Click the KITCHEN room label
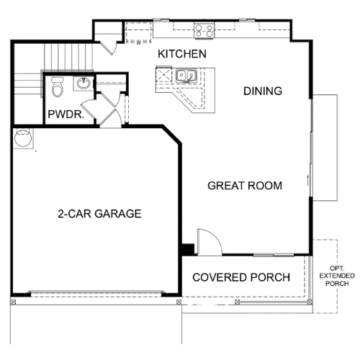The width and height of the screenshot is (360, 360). [182, 54]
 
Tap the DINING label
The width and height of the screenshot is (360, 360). [263, 91]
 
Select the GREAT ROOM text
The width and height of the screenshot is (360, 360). [245, 186]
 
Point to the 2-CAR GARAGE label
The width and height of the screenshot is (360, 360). [99, 214]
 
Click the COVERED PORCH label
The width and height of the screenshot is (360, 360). [241, 277]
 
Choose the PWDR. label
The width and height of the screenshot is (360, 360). [66, 114]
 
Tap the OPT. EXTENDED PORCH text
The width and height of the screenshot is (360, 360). [337, 276]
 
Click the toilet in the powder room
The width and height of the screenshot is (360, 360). [58, 86]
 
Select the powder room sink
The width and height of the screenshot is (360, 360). [84, 84]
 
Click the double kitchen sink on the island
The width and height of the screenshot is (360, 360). [186, 76]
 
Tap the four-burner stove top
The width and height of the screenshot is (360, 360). [204, 31]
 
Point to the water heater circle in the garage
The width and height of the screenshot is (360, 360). [23, 138]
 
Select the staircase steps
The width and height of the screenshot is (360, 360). [68, 57]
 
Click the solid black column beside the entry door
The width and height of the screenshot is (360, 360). [188, 249]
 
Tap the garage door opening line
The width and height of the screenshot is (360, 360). [96, 292]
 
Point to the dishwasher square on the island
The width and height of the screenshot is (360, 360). [164, 75]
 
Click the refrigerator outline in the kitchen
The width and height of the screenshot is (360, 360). [138, 32]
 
